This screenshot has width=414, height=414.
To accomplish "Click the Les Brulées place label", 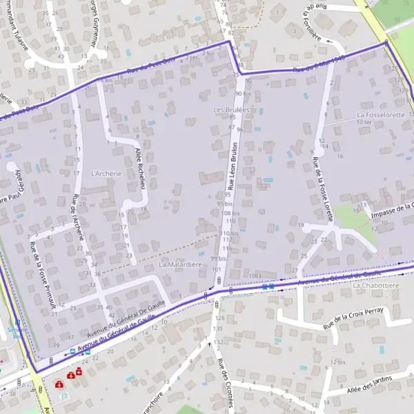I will pyautogui.click(x=231, y=110).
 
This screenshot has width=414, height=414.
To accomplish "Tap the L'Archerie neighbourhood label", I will pyautogui.click(x=106, y=173).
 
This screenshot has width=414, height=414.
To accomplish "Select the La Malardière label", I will pyautogui.click(x=180, y=264).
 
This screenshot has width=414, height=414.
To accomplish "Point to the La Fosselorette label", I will pyautogui.click(x=380, y=115).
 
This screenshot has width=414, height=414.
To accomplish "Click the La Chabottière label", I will pyautogui.click(x=376, y=285).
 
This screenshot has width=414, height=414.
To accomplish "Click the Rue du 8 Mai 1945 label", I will pyautogui.click(x=318, y=64).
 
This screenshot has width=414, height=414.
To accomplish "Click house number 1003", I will pyautogui.click(x=255, y=275).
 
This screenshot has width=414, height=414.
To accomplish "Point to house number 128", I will pyautogui.click(x=220, y=317).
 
